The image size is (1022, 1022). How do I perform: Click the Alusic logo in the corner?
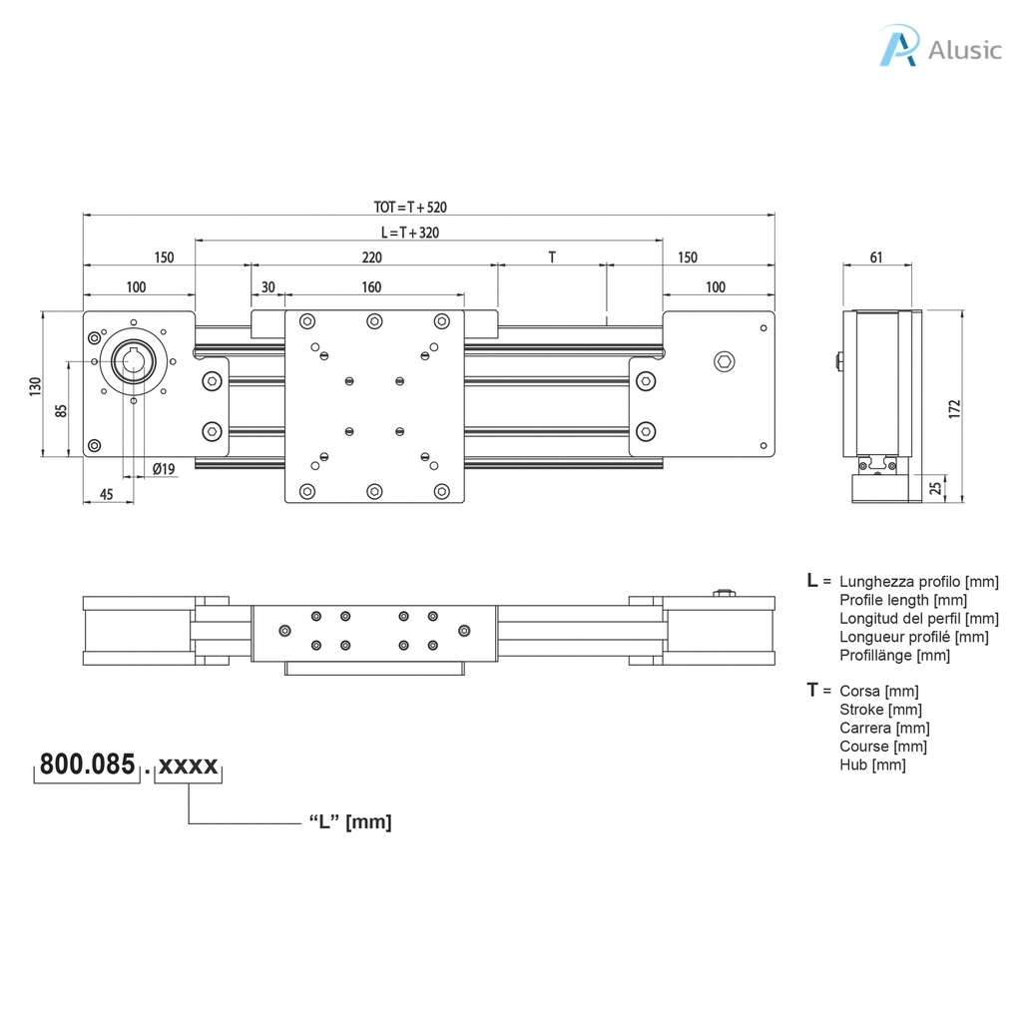tap(939, 48)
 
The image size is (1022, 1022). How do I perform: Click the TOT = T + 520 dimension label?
tap(410, 208)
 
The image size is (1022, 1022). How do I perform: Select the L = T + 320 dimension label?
tap(410, 233)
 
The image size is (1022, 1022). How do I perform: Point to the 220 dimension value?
tap(371, 257)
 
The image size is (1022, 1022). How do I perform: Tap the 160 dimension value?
tap(371, 287)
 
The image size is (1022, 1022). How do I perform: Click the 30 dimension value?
tap(267, 287)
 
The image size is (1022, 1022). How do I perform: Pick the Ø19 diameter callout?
tap(165, 468)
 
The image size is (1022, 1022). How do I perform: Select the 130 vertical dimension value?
tap(35, 384)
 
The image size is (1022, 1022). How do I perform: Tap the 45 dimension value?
tap(107, 494)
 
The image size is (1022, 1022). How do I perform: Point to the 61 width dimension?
tap(876, 257)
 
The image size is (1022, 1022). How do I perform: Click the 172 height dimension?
tap(954, 407)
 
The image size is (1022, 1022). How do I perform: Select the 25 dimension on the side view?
tap(935, 487)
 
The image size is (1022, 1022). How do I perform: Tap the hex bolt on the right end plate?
tap(724, 360)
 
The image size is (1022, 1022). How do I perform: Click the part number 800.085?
tap(87, 766)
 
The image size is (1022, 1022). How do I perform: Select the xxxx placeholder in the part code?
tap(189, 766)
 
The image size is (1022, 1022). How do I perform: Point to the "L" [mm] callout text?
tap(349, 822)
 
